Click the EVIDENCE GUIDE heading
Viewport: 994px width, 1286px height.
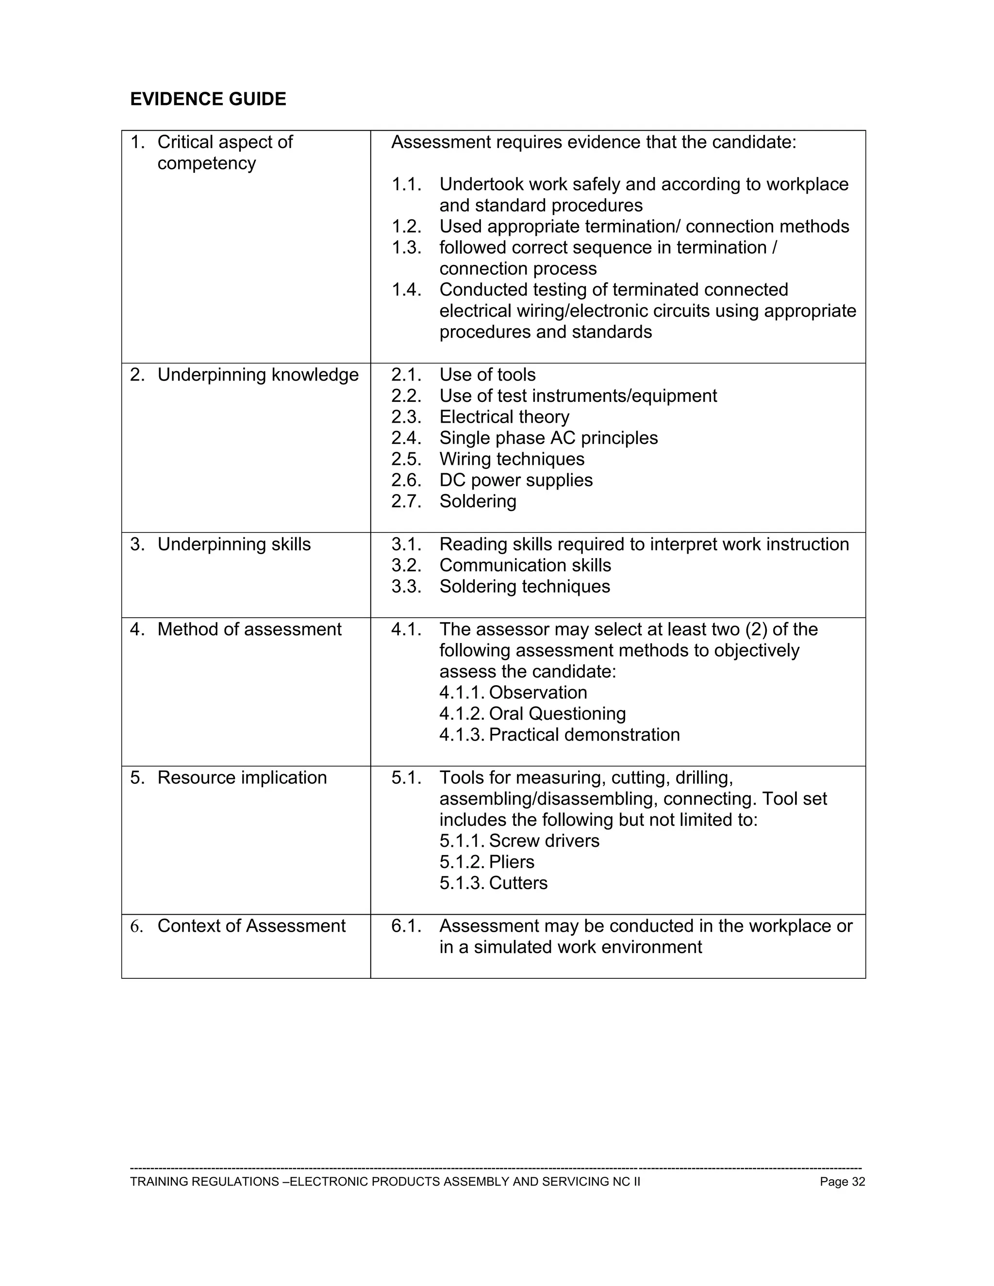208,99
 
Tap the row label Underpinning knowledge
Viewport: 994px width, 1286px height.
257,375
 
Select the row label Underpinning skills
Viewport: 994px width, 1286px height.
234,544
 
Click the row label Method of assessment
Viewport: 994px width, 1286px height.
249,629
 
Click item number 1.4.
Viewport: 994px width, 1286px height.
406,290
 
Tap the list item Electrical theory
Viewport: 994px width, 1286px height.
504,417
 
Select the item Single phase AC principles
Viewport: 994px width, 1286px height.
548,438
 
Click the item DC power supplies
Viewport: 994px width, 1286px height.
516,480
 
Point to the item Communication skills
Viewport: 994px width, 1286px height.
525,565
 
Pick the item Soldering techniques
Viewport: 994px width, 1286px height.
524,587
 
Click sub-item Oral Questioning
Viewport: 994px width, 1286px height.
557,714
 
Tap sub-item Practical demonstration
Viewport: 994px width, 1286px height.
584,735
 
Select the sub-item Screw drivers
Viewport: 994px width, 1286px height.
544,841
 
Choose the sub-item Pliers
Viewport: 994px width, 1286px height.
511,862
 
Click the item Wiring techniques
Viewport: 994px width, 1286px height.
512,459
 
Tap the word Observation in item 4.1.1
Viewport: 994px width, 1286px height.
538,692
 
